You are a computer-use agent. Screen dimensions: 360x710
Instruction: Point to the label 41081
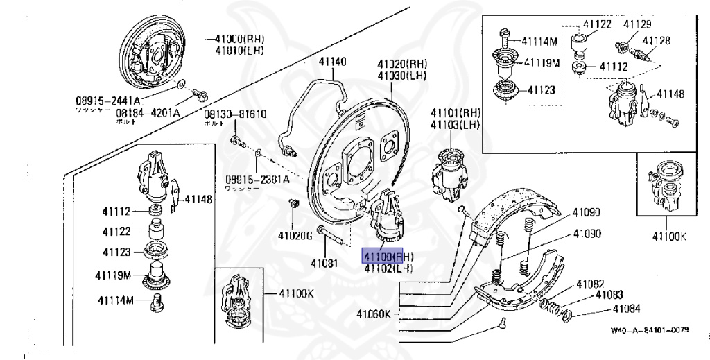(324, 263)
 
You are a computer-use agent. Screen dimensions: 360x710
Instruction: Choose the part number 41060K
(374, 314)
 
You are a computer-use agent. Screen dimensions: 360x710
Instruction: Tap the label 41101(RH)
(456, 113)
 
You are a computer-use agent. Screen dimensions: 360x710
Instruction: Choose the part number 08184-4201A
(148, 112)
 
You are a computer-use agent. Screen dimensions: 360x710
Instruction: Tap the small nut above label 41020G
(293, 203)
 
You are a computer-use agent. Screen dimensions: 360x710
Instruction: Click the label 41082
(589, 284)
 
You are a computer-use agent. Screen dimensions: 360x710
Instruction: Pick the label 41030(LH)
(403, 75)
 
